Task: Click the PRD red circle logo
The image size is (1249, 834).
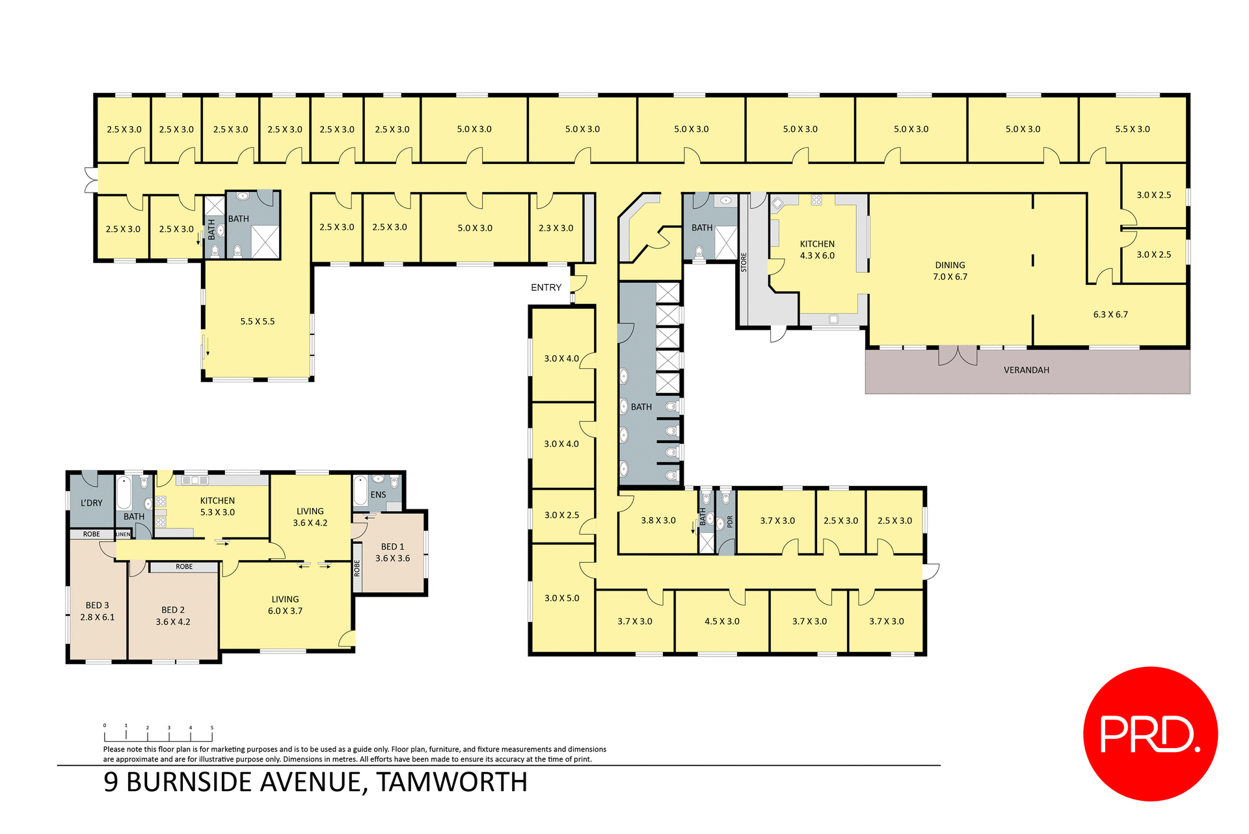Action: [1149, 733]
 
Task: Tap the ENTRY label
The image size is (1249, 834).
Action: [546, 288]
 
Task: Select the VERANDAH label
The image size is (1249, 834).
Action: [1026, 370]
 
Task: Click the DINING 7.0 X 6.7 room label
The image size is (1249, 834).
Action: [950, 271]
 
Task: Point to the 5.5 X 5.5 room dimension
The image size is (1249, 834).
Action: [258, 321]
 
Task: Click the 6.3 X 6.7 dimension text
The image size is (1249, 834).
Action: [1110, 314]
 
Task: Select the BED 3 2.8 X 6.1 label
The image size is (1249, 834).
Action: [98, 611]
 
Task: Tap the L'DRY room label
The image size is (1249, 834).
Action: [91, 503]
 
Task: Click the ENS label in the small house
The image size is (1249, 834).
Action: [378, 494]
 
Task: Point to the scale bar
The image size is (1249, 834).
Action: [158, 735]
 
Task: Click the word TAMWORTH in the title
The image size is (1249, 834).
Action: [451, 782]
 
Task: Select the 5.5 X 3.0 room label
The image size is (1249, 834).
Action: [1132, 129]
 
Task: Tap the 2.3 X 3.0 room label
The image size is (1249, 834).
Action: [556, 228]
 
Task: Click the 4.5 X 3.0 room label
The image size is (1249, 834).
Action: [721, 621]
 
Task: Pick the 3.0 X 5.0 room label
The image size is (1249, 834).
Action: [561, 598]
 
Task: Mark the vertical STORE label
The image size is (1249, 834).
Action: [744, 262]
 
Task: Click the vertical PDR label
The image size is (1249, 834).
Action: [730, 521]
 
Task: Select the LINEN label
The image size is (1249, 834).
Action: [123, 534]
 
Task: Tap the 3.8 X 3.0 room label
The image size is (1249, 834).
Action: [658, 520]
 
